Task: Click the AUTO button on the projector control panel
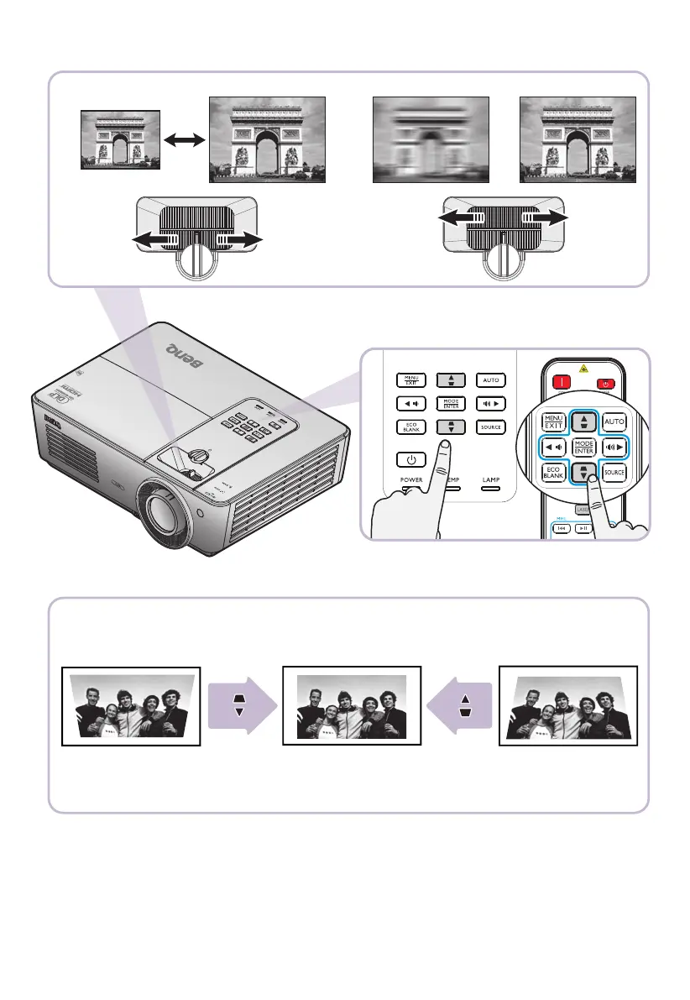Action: [489, 380]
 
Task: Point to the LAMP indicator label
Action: [491, 480]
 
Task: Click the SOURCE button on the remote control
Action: [615, 473]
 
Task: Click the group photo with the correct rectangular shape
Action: [351, 705]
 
